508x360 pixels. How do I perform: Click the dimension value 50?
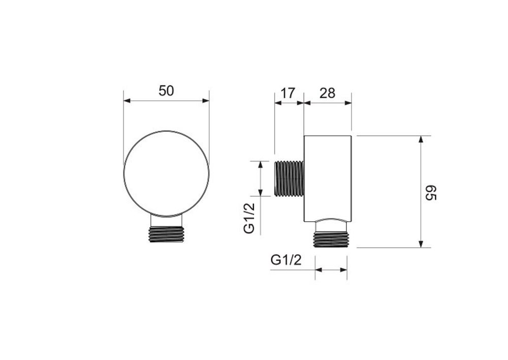(x=166, y=91)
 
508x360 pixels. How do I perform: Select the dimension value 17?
(x=288, y=93)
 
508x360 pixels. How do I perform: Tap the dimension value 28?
(x=327, y=93)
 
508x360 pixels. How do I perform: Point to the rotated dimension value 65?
(x=431, y=193)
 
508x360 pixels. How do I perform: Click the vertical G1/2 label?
(x=249, y=218)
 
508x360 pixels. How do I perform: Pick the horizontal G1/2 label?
(x=286, y=260)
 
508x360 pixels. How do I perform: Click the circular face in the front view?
(x=166, y=173)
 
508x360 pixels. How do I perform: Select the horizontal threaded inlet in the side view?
(x=289, y=178)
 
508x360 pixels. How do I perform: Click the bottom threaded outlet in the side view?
(x=331, y=239)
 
